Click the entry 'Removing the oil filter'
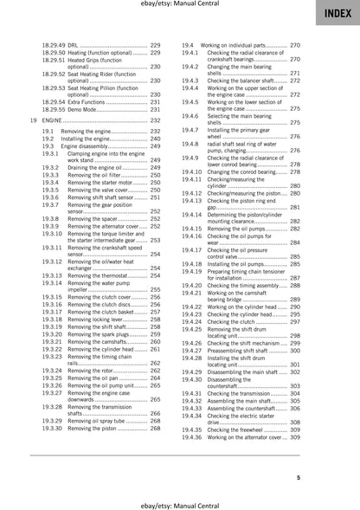[100, 175]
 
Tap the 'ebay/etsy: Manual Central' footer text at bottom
[179, 502]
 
